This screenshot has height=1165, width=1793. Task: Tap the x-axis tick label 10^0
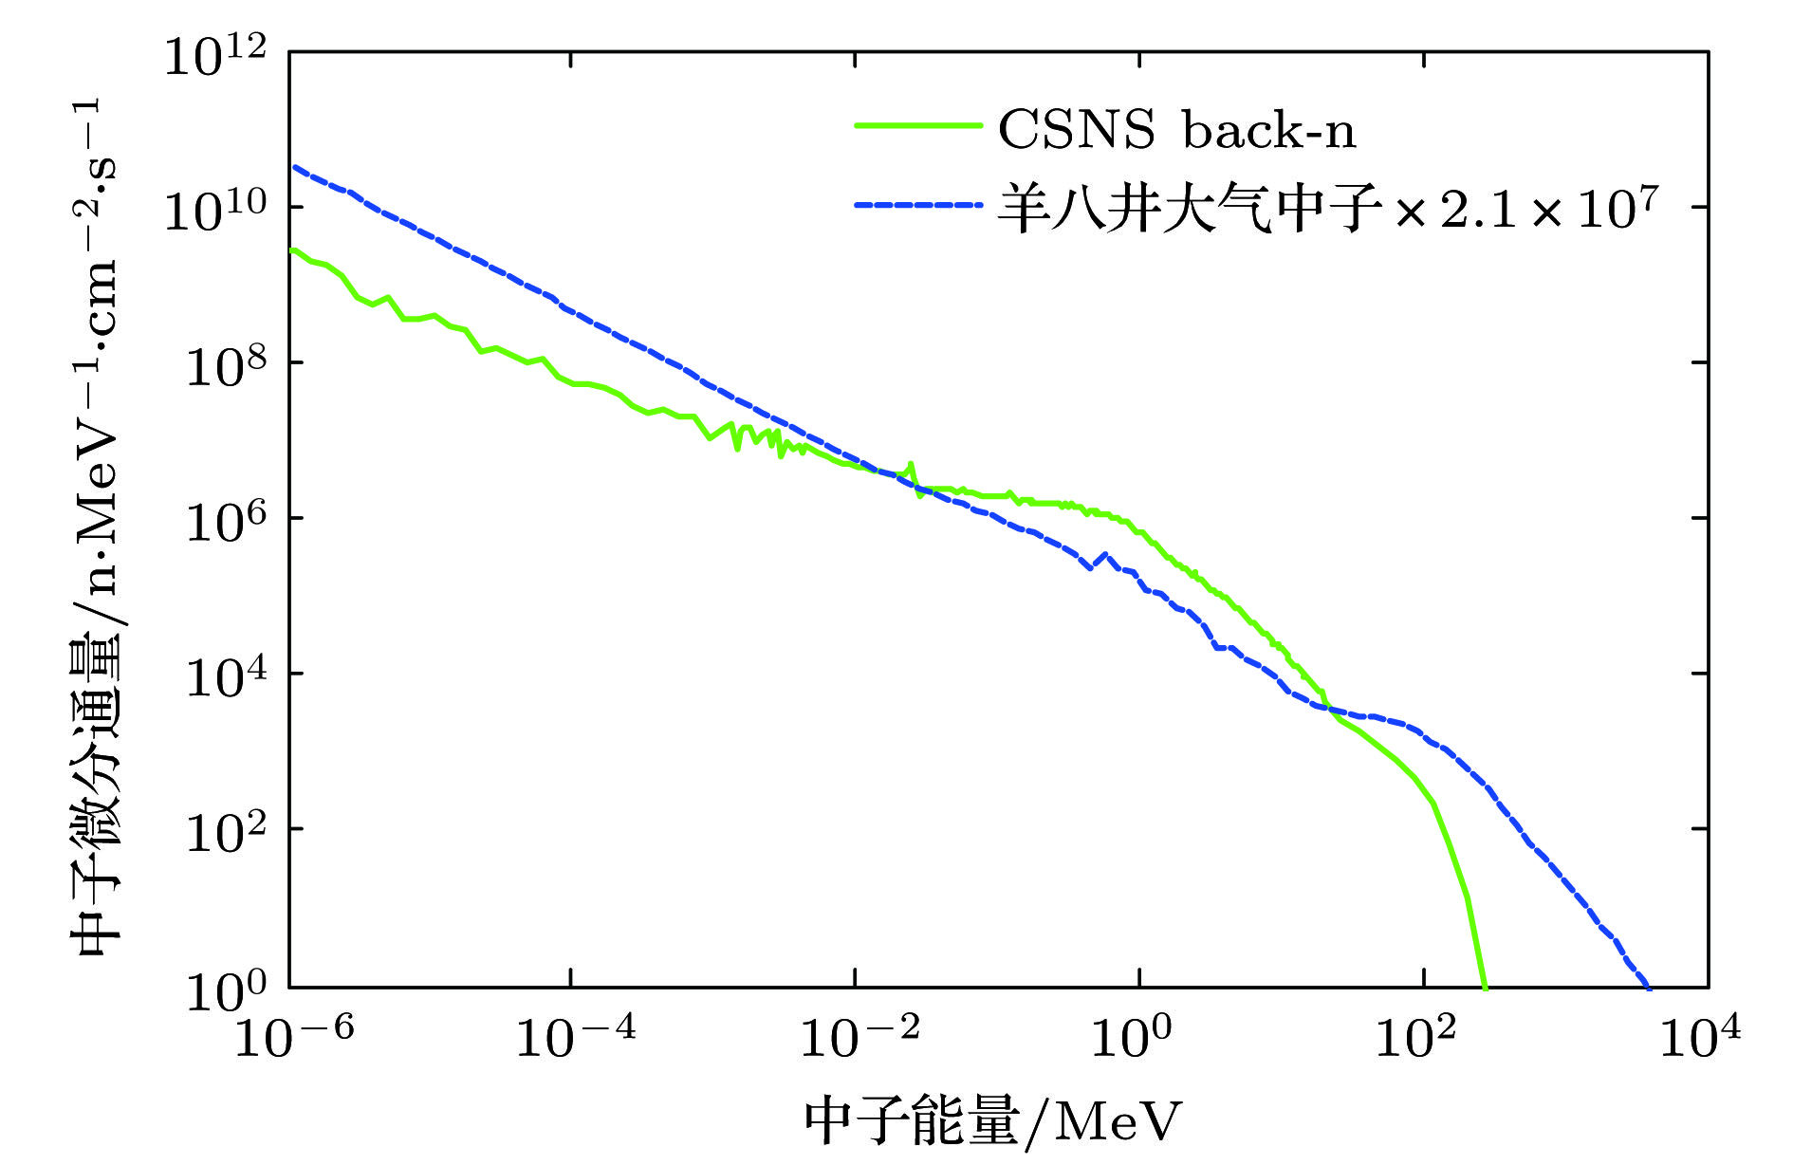point(1131,1036)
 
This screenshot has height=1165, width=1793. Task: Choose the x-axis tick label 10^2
point(1414,1036)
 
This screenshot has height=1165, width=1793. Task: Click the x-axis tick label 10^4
point(1699,1036)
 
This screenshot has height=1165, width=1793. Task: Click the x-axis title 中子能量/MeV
point(993,1122)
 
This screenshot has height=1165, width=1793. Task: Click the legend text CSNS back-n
point(1176,130)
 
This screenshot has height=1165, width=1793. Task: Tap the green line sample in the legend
point(917,126)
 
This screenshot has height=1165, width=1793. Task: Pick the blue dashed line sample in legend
point(917,205)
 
